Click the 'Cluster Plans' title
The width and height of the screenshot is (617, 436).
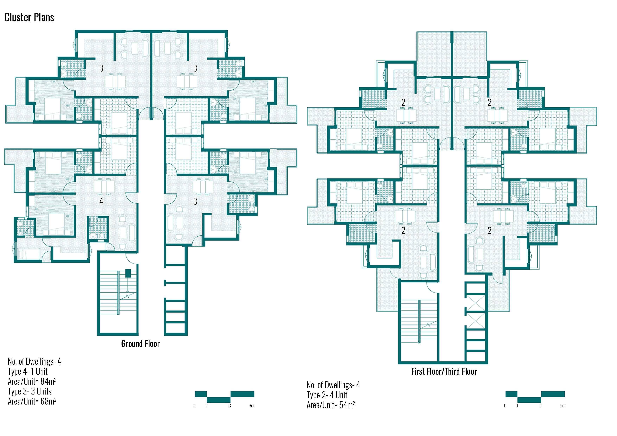point(29,17)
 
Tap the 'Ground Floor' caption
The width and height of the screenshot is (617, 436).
point(140,344)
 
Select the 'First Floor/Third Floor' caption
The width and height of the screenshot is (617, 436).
point(444,371)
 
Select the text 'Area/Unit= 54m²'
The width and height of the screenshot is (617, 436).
point(330,405)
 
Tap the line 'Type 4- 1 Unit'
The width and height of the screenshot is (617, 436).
point(28,371)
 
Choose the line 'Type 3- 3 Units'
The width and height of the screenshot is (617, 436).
point(30,391)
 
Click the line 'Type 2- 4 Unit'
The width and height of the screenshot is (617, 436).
point(327,395)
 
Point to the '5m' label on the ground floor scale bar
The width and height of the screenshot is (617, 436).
point(252,406)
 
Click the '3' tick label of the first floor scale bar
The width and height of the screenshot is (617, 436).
point(540,406)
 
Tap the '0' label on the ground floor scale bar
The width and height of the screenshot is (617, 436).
point(194,406)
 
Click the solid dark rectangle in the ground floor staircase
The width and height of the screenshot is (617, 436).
point(128,273)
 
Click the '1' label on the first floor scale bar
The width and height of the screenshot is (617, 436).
point(517,406)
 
